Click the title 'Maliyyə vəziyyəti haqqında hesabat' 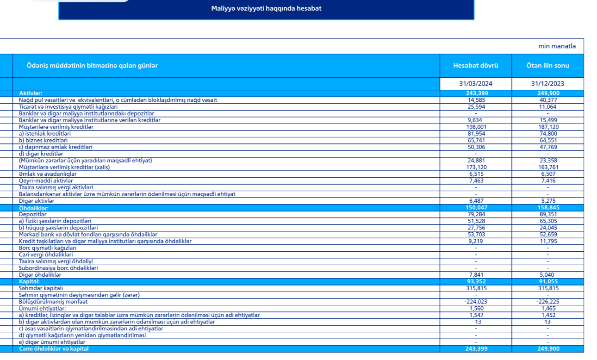pos(266,8)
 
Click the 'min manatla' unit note pos(557,46)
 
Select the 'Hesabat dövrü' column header pos(475,66)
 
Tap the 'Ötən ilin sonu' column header pos(547,66)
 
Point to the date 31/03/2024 pos(475,84)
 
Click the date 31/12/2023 pos(547,84)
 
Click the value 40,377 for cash pos(547,100)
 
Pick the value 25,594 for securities pos(476,107)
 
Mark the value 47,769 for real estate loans pos(547,147)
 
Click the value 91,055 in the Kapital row pos(547,281)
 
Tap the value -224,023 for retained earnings pos(475,302)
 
